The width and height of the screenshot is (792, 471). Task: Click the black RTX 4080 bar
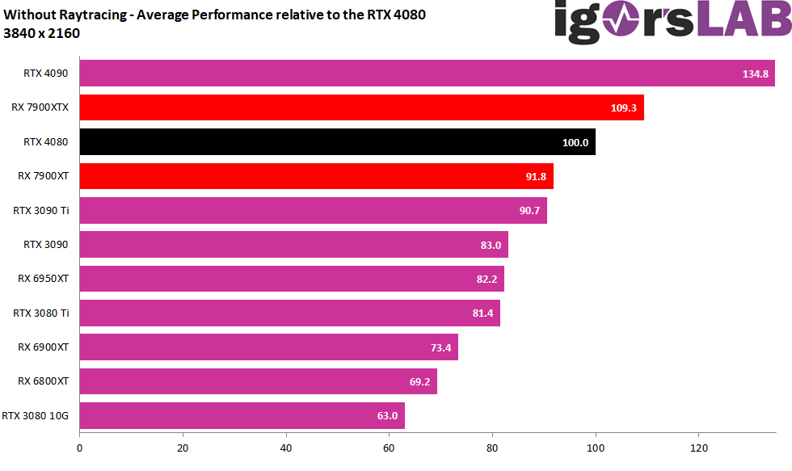coord(337,142)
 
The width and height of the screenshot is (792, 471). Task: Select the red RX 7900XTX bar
coord(361,107)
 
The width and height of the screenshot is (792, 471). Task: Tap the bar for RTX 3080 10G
coord(242,416)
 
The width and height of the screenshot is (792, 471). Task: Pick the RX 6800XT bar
coord(258,381)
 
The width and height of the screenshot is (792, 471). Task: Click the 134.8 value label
coord(756,74)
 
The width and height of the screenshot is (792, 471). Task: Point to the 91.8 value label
coord(534,176)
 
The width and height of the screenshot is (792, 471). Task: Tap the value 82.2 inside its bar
coord(485,279)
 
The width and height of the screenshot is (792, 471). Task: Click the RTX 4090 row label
coord(45,74)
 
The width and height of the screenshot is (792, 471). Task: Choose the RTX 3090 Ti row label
coord(40,211)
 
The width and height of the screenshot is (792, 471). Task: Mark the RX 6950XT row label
coord(43,279)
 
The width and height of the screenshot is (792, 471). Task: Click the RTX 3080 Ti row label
coord(40,313)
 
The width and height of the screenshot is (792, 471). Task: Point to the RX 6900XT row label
coord(43,347)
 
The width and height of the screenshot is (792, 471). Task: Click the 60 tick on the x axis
coord(390,447)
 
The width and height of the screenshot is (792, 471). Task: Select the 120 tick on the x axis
coord(699,447)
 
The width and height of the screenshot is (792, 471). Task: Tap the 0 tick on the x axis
coord(79,447)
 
